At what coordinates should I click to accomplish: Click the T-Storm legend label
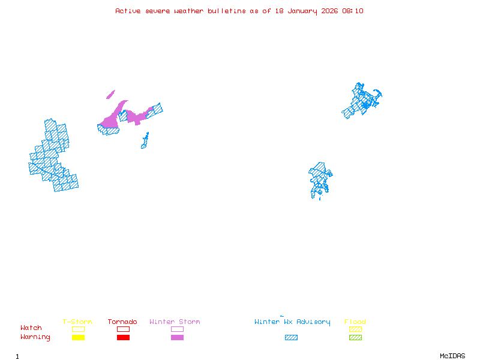(77, 322)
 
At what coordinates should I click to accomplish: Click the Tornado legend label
(122, 322)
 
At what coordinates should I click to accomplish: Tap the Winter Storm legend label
(175, 322)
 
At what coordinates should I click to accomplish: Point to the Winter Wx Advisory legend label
(292, 322)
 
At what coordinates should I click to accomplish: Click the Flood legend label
(355, 322)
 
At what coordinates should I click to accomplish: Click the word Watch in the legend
(31, 328)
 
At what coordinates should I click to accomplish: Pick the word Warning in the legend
(35, 337)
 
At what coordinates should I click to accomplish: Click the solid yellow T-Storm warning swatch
(78, 337)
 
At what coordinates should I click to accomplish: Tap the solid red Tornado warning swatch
(123, 337)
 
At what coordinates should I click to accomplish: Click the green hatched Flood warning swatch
(355, 337)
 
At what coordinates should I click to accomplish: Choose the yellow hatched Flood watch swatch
(355, 329)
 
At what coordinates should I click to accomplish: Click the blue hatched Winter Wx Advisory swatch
(291, 337)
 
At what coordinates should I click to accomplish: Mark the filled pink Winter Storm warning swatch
(177, 337)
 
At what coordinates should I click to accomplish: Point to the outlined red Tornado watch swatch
(123, 329)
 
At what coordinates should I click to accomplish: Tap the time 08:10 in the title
(353, 11)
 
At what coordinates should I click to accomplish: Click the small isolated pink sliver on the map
(110, 94)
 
